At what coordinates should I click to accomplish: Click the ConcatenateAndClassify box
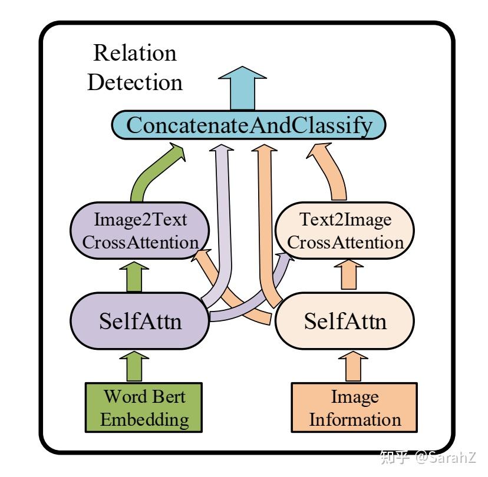(248, 126)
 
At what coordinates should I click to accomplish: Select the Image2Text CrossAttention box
(140, 231)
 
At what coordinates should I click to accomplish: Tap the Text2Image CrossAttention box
(345, 231)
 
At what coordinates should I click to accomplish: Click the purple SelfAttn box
(140, 322)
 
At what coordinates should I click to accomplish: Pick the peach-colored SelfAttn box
(345, 322)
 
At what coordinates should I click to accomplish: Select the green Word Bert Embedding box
(144, 408)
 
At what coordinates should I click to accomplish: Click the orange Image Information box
(355, 408)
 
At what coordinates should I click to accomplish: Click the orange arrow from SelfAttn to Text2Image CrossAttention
(349, 276)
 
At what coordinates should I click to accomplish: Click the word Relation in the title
(135, 54)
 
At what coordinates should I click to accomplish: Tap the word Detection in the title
(135, 82)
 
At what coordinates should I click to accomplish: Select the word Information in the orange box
(355, 420)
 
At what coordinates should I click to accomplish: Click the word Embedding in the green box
(144, 419)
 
